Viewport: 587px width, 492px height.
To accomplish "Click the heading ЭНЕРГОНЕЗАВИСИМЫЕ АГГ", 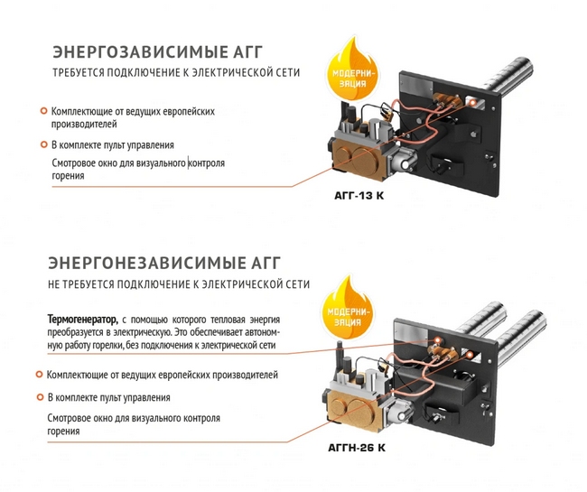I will point(163,263).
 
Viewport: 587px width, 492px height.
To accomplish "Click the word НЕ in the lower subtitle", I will point(56,284).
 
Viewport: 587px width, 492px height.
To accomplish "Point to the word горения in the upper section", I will point(68,177).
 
